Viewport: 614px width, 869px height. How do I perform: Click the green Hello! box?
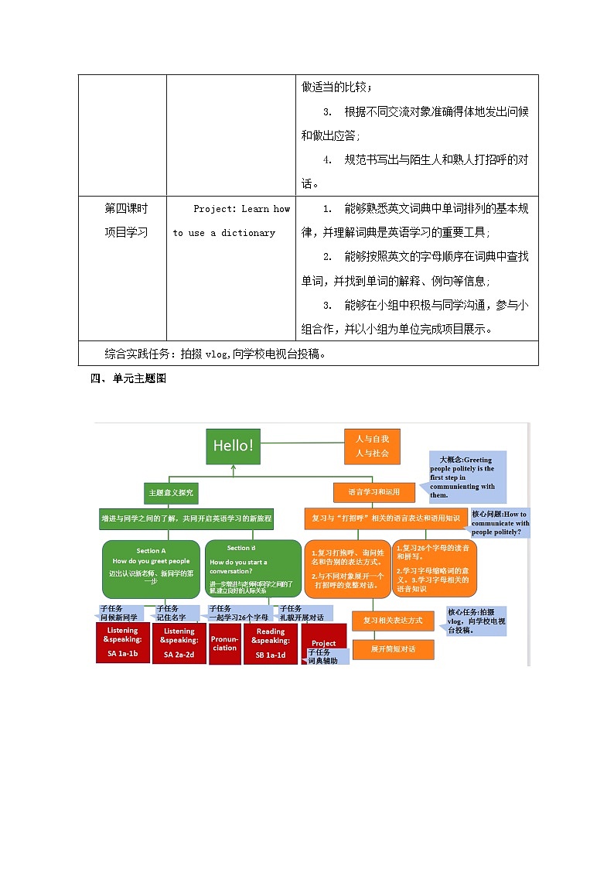coord(234,446)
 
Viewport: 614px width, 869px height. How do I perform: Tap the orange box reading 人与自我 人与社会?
coord(372,446)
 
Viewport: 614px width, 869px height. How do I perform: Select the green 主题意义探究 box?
coord(169,492)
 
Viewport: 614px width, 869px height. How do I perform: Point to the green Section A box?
coord(150,568)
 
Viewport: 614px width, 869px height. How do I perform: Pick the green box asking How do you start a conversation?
coord(252,568)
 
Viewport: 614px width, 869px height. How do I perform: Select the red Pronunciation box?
coord(224,644)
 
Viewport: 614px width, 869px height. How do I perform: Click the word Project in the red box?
coord(323,643)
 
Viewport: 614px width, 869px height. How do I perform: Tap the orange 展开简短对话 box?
coord(393,649)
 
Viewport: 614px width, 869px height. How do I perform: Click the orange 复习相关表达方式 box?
coord(393,621)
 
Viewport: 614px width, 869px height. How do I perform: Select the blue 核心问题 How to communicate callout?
coord(500,523)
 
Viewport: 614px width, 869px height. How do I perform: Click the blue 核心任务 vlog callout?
coord(476,621)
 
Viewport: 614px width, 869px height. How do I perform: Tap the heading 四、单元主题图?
coord(128,378)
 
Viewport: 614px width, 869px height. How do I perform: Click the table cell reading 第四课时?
coord(126,208)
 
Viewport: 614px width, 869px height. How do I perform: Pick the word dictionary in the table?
coord(248,233)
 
